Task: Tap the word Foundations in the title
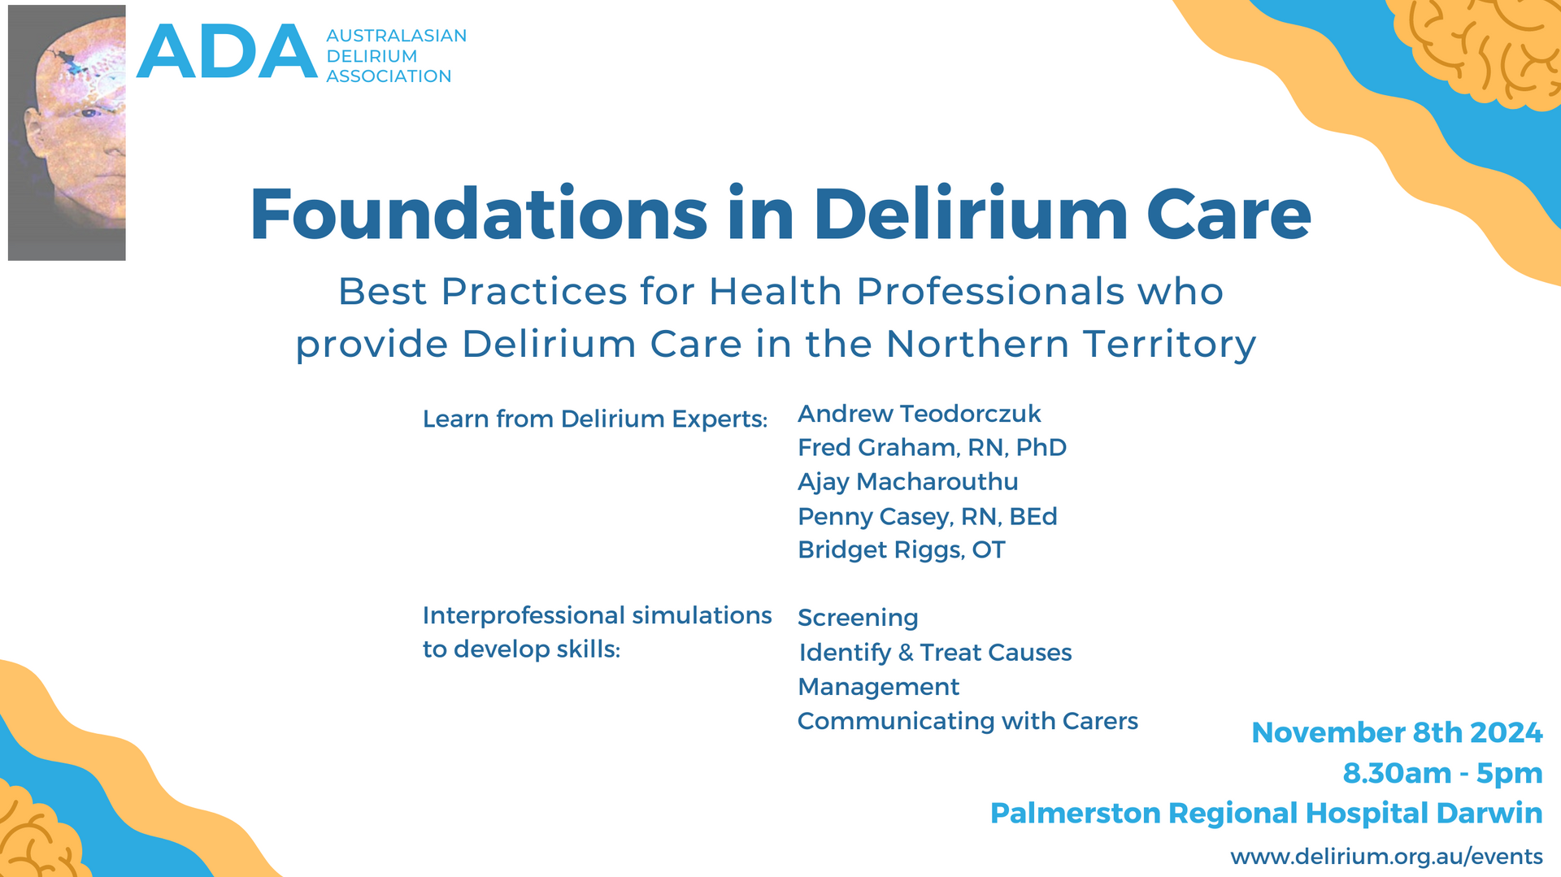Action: point(478,215)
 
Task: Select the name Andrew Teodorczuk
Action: point(919,414)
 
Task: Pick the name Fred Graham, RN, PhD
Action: point(932,448)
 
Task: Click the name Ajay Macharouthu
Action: point(907,482)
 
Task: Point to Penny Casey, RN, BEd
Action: point(927,517)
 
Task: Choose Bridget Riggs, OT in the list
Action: point(901,550)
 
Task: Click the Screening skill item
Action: point(858,618)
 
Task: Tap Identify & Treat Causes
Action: point(935,653)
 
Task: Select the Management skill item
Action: point(878,687)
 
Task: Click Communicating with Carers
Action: point(967,721)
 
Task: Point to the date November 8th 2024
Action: point(1396,732)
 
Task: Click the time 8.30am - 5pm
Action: point(1442,773)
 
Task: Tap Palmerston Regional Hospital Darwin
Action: point(1266,813)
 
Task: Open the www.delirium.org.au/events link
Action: point(1386,857)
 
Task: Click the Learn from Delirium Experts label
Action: point(594,419)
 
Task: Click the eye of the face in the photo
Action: point(89,111)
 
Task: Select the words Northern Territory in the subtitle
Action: point(1071,344)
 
